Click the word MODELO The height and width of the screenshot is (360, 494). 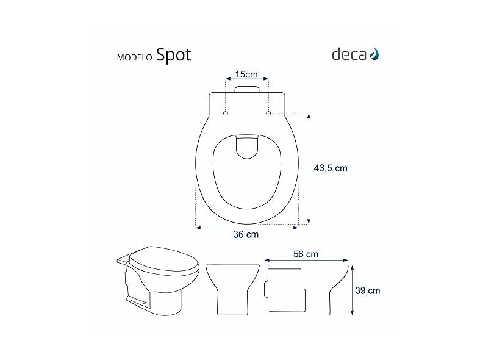click(x=135, y=58)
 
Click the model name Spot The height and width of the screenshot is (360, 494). click(x=174, y=55)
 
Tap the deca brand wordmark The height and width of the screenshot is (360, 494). click(x=349, y=54)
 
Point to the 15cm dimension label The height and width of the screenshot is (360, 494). click(x=246, y=74)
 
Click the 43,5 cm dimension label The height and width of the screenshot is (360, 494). click(x=331, y=168)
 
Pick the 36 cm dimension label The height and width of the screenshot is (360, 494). click(x=246, y=234)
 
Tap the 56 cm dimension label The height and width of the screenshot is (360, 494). click(x=306, y=254)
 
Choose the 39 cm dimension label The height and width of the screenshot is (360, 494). click(x=368, y=290)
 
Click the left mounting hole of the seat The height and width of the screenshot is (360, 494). click(x=226, y=113)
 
